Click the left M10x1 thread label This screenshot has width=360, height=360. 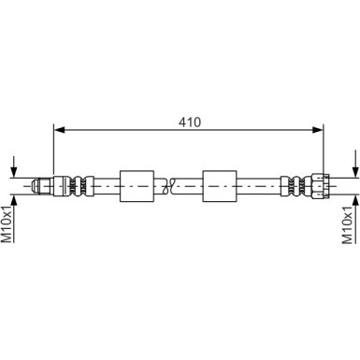[x=7, y=224]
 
